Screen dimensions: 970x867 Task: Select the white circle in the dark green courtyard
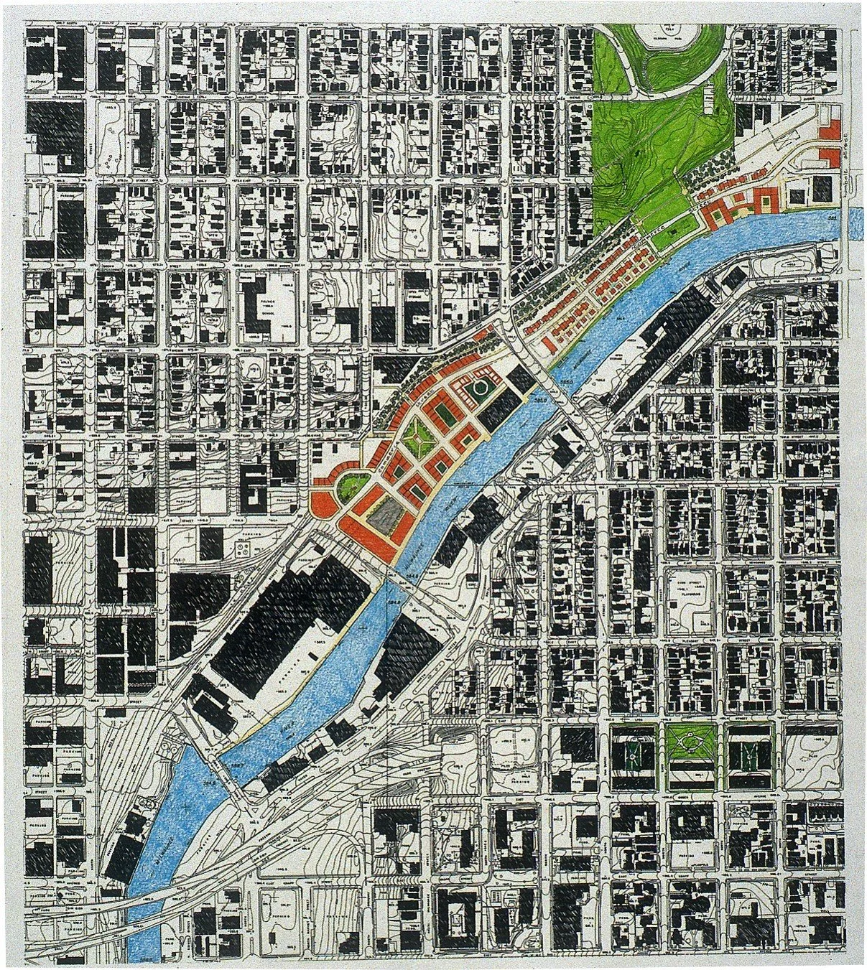pos(481,391)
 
